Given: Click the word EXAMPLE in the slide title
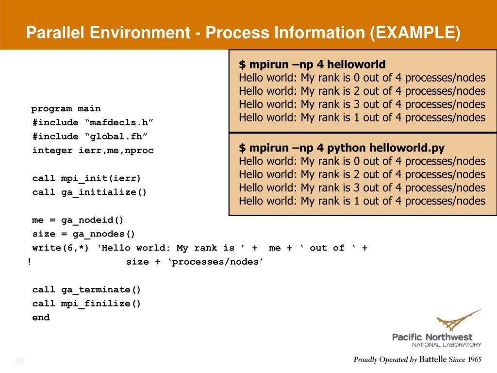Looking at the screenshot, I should pos(415,33).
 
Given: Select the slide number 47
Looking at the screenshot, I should pos(20,361).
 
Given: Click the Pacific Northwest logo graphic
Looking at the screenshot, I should pos(458,321).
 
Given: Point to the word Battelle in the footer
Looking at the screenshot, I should pos(433,360).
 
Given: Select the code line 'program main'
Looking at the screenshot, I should pos(66,108).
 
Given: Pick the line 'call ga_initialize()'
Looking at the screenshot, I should pos(89,192).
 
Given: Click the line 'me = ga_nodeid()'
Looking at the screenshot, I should pos(78,220).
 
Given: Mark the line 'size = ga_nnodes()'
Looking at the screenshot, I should pos(83,234).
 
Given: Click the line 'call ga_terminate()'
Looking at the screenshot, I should pos(86,290).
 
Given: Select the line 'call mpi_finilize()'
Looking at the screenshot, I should pos(86,304).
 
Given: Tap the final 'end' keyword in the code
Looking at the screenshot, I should pos(41,318).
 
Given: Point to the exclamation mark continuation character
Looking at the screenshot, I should pos(29,262).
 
